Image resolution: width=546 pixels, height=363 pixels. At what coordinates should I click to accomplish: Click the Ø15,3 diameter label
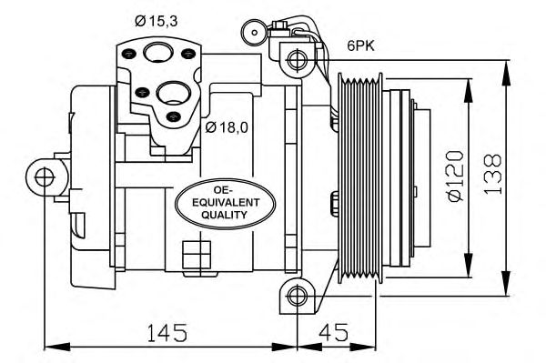point(157,22)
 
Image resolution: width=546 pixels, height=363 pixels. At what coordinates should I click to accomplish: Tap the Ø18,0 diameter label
point(227,127)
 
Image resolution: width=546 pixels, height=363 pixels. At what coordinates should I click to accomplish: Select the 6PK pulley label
point(360,45)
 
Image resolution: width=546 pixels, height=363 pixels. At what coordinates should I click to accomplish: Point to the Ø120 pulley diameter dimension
point(456,176)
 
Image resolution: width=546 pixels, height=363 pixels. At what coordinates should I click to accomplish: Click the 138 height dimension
point(492,174)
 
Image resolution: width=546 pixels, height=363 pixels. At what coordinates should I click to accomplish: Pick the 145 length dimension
point(167,332)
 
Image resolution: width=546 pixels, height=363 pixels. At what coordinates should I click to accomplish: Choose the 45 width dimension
point(334,332)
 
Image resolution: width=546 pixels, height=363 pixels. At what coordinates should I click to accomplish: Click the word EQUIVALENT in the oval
point(226,203)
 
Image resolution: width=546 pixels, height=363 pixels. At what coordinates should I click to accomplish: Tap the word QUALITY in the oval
point(224,215)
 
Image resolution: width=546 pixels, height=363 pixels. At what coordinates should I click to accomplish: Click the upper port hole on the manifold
point(158,53)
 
